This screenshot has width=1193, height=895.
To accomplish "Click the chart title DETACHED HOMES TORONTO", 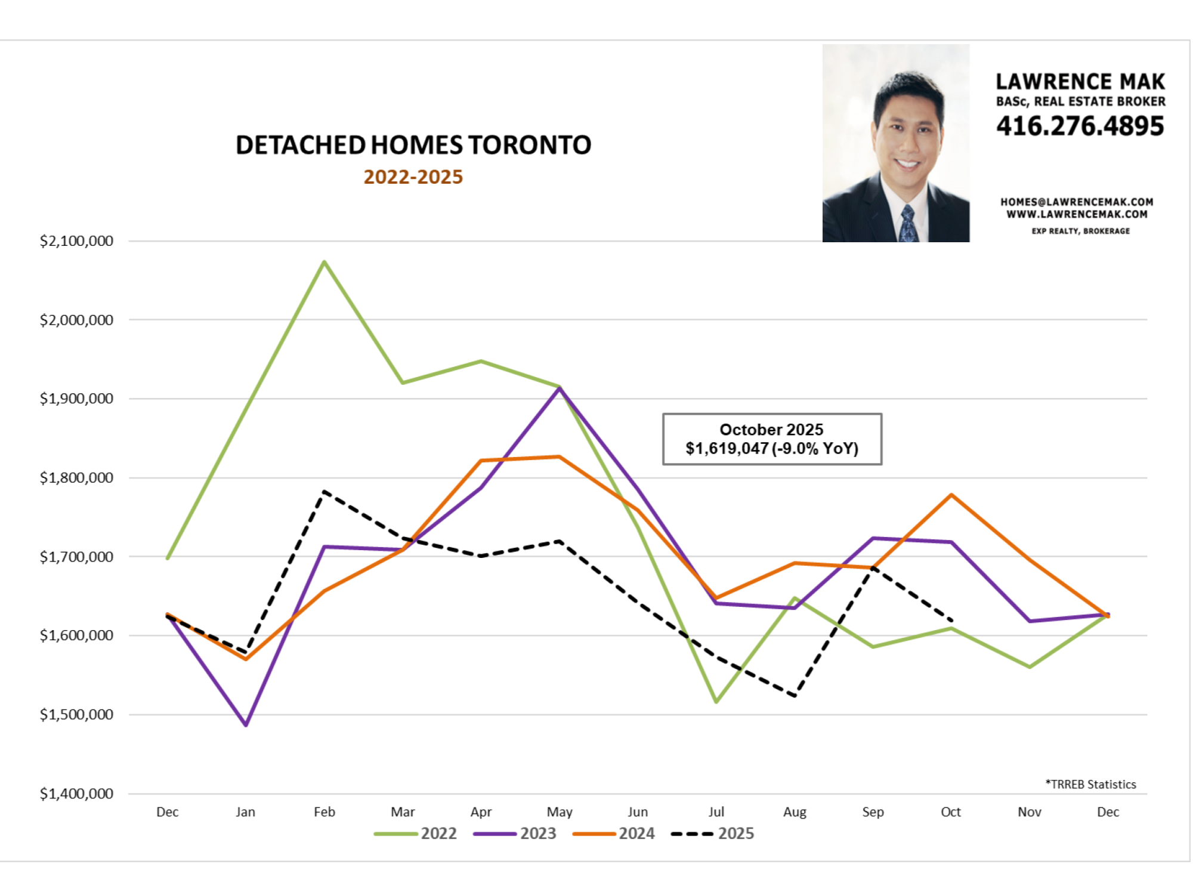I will [x=413, y=145].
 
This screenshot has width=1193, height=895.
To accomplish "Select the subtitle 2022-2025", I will [x=413, y=177].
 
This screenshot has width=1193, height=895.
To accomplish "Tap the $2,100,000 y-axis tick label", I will [x=76, y=241].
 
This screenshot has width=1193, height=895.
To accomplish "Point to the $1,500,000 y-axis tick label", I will [x=76, y=714].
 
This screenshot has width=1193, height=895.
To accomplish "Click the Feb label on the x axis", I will [x=324, y=812].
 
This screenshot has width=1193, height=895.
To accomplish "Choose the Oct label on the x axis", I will [x=951, y=812].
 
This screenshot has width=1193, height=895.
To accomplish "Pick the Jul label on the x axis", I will [x=716, y=812].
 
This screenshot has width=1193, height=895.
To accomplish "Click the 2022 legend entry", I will [x=416, y=834].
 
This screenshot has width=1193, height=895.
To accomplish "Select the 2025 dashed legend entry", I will [x=713, y=834].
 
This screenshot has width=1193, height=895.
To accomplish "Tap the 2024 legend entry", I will [x=614, y=834].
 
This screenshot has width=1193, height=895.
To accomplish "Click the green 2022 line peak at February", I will [x=324, y=262].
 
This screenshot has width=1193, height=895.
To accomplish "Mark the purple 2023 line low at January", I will [x=246, y=725].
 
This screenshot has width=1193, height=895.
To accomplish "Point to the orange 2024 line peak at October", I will [x=951, y=495].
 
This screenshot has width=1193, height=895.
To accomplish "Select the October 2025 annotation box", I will [x=772, y=439].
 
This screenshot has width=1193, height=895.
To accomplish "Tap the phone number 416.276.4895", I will [x=1080, y=126].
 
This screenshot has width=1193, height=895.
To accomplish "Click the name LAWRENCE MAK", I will [x=1080, y=82].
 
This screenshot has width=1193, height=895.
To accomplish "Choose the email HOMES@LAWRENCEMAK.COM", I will [x=1077, y=202].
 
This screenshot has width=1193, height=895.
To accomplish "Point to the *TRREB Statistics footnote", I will [x=1090, y=785].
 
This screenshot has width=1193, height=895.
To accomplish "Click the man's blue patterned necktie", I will [x=908, y=224].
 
